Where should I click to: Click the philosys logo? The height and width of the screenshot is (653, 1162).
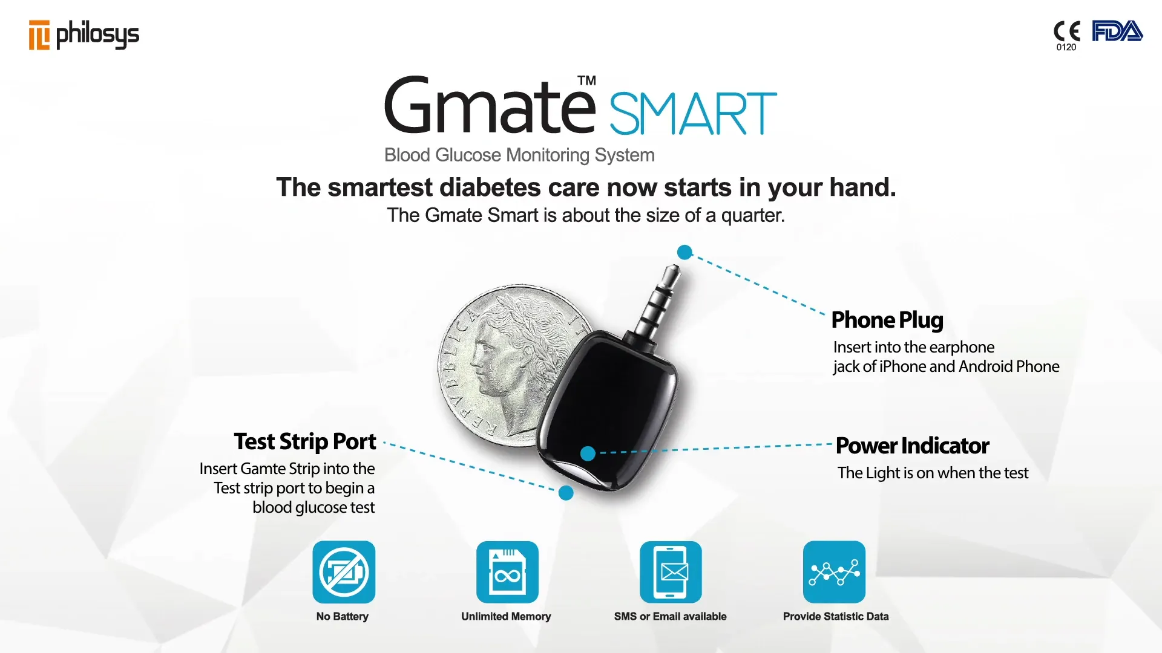(84, 34)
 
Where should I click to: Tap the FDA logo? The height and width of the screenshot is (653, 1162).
(1117, 31)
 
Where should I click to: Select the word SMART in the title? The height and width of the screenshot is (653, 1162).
(693, 114)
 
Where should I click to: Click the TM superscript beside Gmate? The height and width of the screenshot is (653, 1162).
(586, 80)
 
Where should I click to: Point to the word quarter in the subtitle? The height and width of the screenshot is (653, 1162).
(752, 215)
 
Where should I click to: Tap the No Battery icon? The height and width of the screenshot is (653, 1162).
(344, 572)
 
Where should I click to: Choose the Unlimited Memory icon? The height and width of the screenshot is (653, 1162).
(507, 572)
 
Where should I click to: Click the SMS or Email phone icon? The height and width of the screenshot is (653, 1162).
(671, 572)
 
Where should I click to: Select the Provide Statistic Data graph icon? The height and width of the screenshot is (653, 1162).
(834, 572)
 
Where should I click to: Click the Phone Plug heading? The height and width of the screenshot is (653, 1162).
(887, 320)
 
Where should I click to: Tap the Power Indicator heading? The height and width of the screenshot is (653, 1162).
(913, 446)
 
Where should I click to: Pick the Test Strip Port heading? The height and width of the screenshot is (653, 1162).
(305, 442)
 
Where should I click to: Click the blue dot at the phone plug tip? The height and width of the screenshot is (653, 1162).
(684, 252)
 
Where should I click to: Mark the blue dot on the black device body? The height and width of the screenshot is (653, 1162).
(588, 453)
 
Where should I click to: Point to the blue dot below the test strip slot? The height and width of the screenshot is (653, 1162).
(566, 493)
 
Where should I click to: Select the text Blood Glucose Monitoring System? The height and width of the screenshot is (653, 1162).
(519, 155)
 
